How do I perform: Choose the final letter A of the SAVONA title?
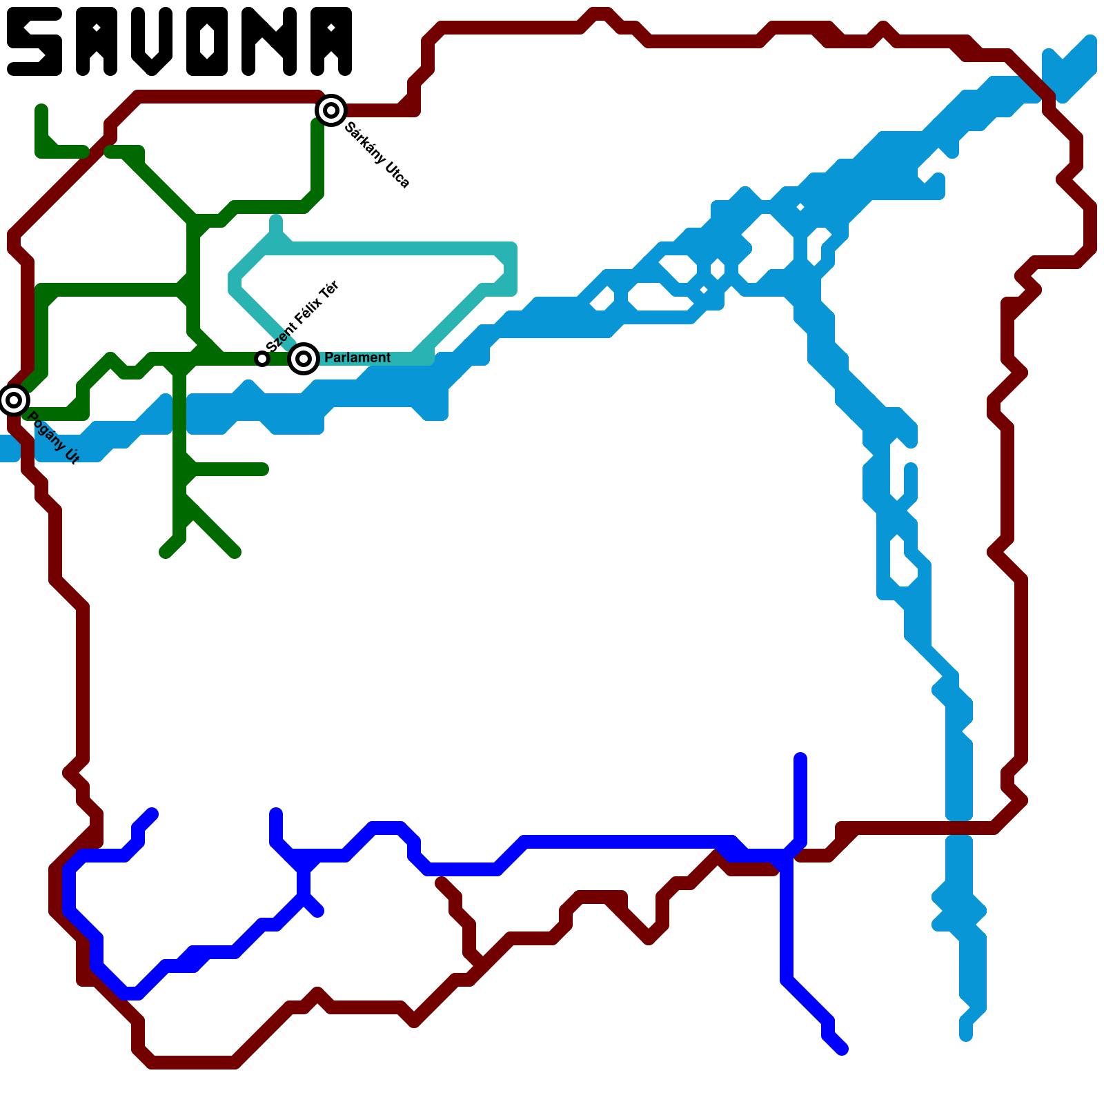(331, 41)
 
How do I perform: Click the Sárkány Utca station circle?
(331, 110)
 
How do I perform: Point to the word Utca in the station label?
(397, 175)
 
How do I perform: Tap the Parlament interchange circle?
(304, 359)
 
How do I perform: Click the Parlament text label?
(357, 357)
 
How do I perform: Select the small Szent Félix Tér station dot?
(262, 359)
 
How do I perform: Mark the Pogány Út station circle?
(14, 400)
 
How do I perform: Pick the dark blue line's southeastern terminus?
(842, 1049)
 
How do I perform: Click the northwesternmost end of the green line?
(41, 109)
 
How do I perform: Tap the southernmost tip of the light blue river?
(966, 1035)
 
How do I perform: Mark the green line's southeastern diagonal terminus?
(235, 552)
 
